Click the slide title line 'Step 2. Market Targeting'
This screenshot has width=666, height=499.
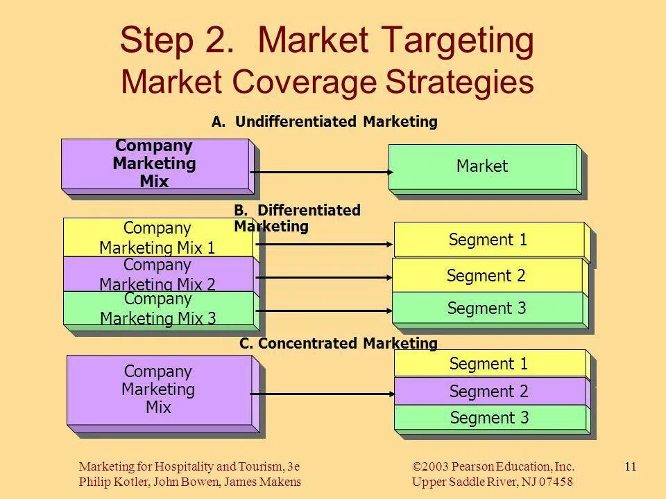(327, 42)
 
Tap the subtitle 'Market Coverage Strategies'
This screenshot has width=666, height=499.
(327, 82)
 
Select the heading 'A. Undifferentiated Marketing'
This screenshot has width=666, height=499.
(325, 122)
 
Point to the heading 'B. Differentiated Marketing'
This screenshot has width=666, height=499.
(297, 218)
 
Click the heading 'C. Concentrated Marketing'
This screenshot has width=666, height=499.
(339, 343)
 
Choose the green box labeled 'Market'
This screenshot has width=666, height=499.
(482, 166)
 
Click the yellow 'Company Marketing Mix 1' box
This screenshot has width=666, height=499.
(157, 237)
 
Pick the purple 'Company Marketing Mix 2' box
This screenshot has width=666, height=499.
(157, 274)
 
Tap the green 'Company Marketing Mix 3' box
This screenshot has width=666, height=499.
(158, 308)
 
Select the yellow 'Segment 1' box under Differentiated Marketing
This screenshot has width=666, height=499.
(488, 240)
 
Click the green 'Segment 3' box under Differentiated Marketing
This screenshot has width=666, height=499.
(487, 308)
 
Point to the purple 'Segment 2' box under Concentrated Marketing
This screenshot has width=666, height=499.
(489, 392)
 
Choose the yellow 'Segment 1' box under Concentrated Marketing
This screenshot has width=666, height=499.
(489, 363)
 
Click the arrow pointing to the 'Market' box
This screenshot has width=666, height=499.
(319, 172)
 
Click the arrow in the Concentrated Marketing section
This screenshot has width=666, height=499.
(323, 394)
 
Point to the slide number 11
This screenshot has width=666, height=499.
(630, 466)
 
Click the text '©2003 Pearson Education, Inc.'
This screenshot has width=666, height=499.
(493, 466)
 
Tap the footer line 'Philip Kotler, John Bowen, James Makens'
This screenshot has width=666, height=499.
(190, 482)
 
